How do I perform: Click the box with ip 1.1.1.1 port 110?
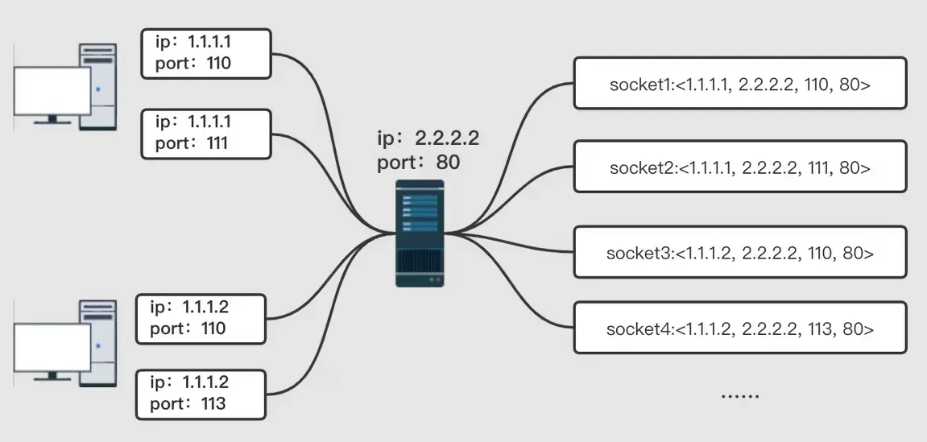click(x=206, y=54)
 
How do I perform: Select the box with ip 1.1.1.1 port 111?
click(x=206, y=134)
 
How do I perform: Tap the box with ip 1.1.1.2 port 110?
click(x=201, y=319)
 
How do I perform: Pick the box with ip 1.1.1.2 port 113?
click(x=201, y=394)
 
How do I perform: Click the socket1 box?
click(x=740, y=83)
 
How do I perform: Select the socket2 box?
click(x=740, y=167)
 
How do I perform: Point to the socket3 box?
click(x=740, y=252)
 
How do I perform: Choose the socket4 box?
click(x=740, y=328)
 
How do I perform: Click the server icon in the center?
click(x=419, y=233)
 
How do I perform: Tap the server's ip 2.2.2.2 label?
click(x=428, y=138)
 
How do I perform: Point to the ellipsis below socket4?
click(x=740, y=395)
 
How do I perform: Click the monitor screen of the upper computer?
click(x=52, y=91)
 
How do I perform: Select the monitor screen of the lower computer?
click(x=52, y=348)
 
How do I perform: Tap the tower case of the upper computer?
click(x=98, y=87)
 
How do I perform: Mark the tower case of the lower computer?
click(x=98, y=343)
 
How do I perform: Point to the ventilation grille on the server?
click(x=419, y=261)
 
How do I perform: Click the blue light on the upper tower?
click(x=98, y=90)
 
